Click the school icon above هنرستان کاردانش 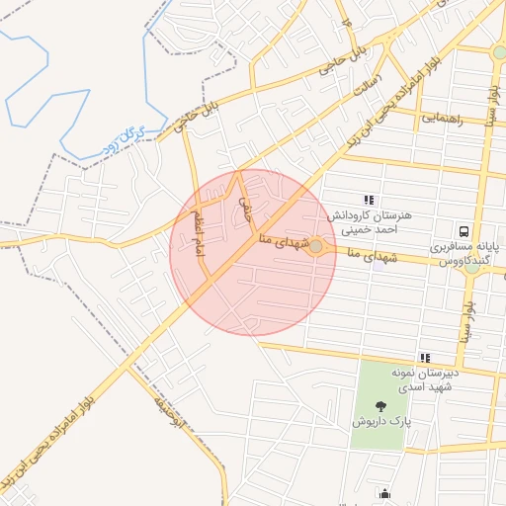pos(369,200)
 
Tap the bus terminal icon pos(464,226)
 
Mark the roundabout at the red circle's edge pos(316,247)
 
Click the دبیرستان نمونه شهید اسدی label pos(402,379)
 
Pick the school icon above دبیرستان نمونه pos(425,358)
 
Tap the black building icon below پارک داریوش pos(383,494)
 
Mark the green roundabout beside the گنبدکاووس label pos(474,265)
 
